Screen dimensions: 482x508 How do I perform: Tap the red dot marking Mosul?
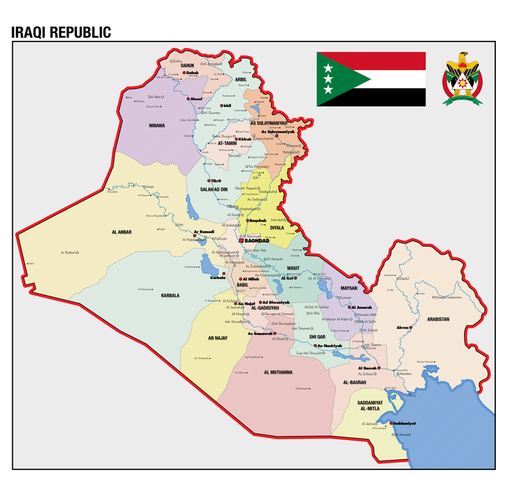188,99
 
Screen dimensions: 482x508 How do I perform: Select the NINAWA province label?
157,126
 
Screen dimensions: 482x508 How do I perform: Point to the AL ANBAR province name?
121,232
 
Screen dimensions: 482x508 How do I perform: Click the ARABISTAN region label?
438,319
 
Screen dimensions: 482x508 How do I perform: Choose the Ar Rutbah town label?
68,252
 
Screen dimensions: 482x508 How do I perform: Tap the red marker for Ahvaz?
410,328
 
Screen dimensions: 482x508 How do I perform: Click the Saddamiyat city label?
404,423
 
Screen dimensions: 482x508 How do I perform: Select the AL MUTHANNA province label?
278,372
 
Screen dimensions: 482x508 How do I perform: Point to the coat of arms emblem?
462,79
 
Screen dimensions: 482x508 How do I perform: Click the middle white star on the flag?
327,79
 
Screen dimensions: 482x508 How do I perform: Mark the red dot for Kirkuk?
236,139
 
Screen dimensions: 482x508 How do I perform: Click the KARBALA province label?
170,296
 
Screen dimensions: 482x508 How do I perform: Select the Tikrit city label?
216,181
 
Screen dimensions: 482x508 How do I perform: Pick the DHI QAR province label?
317,336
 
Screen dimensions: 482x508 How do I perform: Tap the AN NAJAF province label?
218,338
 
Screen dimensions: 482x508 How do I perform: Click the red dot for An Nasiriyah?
315,346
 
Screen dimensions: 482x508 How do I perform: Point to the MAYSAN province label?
349,288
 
